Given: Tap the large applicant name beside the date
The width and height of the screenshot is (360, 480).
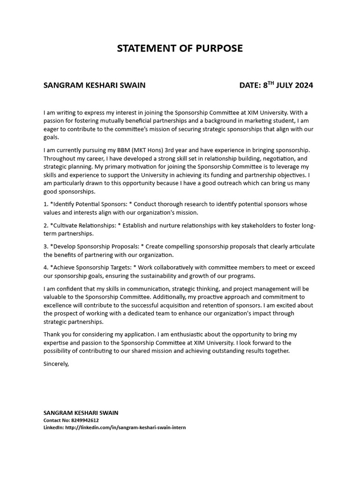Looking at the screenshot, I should pyautogui.click(x=94, y=85).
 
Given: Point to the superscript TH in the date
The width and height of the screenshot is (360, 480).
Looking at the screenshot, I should pyautogui.click(x=270, y=83).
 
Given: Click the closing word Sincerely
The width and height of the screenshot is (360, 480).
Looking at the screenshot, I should pyautogui.click(x=56, y=363).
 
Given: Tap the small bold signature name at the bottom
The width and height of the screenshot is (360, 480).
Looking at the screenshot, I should pyautogui.click(x=81, y=413).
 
